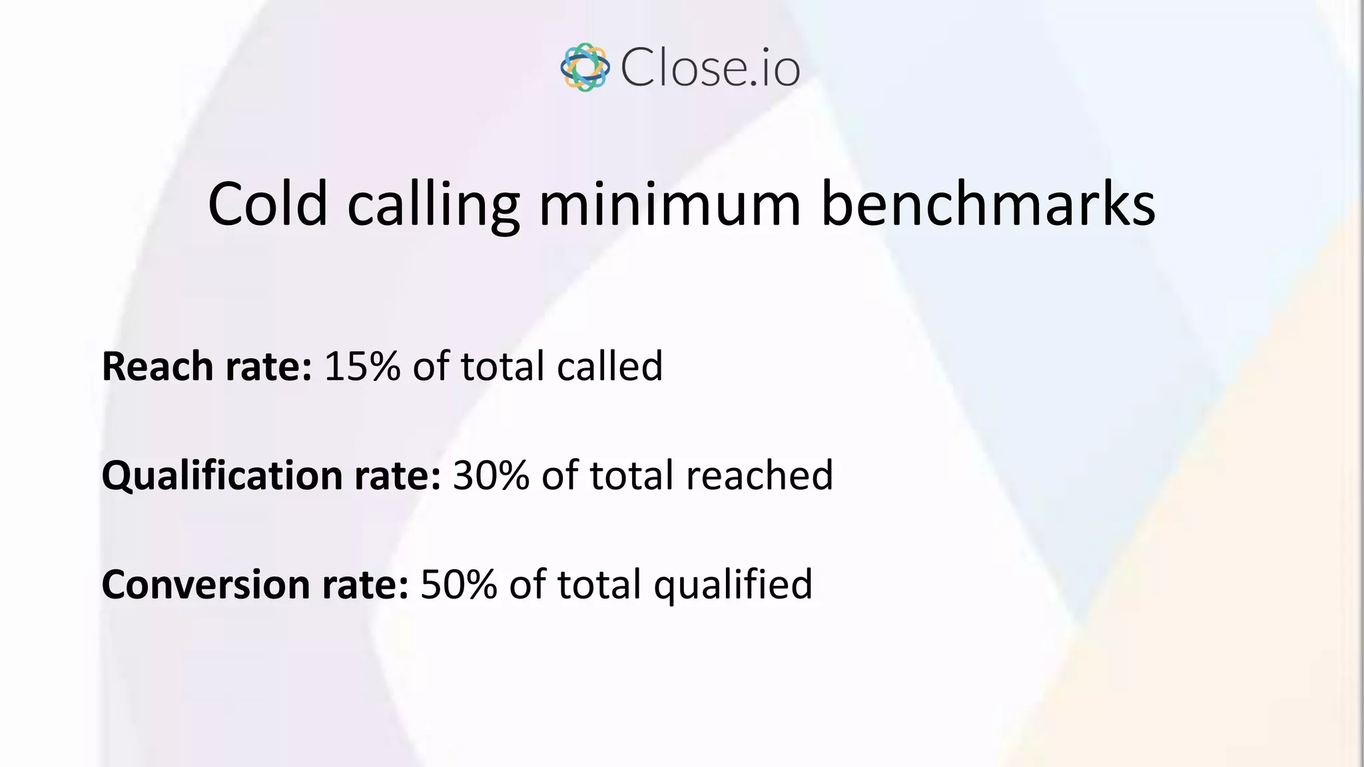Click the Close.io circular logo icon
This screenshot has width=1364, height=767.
585,67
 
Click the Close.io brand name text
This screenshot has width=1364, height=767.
710,68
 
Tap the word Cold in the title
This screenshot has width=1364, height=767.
268,204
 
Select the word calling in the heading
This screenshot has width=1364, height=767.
433,204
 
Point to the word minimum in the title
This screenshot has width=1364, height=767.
669,204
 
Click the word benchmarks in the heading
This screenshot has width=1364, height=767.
988,204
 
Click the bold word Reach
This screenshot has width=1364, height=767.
158,366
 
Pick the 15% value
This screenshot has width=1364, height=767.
362,366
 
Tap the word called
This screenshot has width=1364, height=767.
609,366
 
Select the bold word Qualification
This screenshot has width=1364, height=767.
222,475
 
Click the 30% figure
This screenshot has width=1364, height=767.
491,475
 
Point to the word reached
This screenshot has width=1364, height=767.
759,475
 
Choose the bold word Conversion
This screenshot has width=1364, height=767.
206,585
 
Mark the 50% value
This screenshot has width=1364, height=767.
459,585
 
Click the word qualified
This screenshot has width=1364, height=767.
733,585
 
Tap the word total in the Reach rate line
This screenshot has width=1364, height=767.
503,366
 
